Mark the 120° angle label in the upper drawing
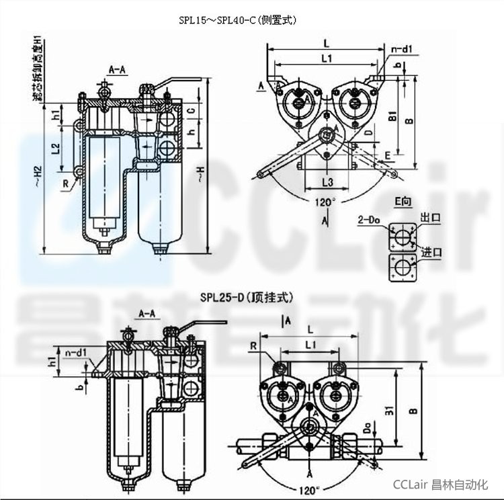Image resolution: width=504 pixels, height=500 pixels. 324,201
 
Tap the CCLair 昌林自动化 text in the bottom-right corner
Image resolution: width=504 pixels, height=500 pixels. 439,484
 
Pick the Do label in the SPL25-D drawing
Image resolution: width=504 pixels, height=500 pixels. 368,427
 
